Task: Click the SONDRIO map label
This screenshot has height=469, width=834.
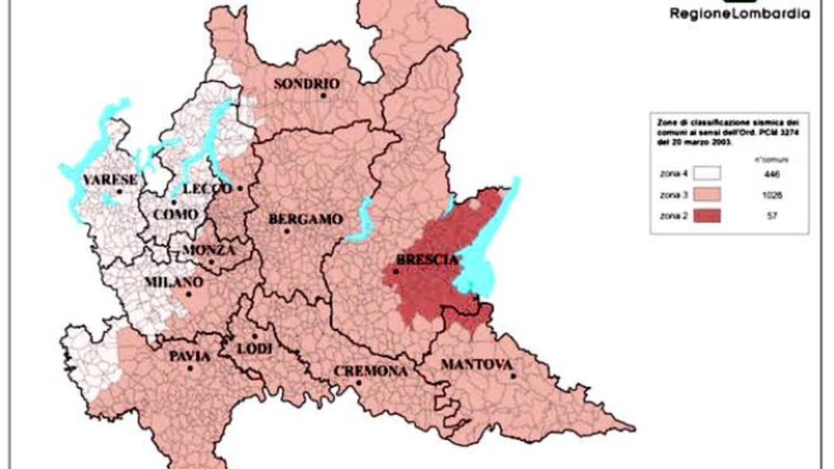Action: (306, 84)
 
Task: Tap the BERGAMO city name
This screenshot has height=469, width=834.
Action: (306, 220)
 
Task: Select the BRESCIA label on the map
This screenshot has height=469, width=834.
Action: (426, 260)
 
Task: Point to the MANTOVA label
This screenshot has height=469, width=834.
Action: (476, 365)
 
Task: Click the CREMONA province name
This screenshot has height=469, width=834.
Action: (370, 371)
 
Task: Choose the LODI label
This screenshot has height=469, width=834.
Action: (255, 349)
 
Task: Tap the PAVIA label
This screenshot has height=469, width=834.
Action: (190, 356)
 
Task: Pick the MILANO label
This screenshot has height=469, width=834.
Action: (174, 282)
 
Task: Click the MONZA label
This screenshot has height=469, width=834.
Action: (208, 250)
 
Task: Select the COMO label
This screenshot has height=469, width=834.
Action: (176, 215)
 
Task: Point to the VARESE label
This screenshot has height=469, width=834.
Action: (110, 180)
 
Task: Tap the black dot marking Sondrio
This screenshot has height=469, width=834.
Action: (323, 95)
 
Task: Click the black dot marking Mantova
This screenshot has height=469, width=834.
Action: (514, 376)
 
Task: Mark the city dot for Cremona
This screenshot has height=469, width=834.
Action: (358, 382)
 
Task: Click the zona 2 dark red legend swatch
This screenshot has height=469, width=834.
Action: (707, 216)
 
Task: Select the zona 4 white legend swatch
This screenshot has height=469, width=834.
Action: (707, 174)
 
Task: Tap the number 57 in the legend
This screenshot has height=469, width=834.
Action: (771, 216)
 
